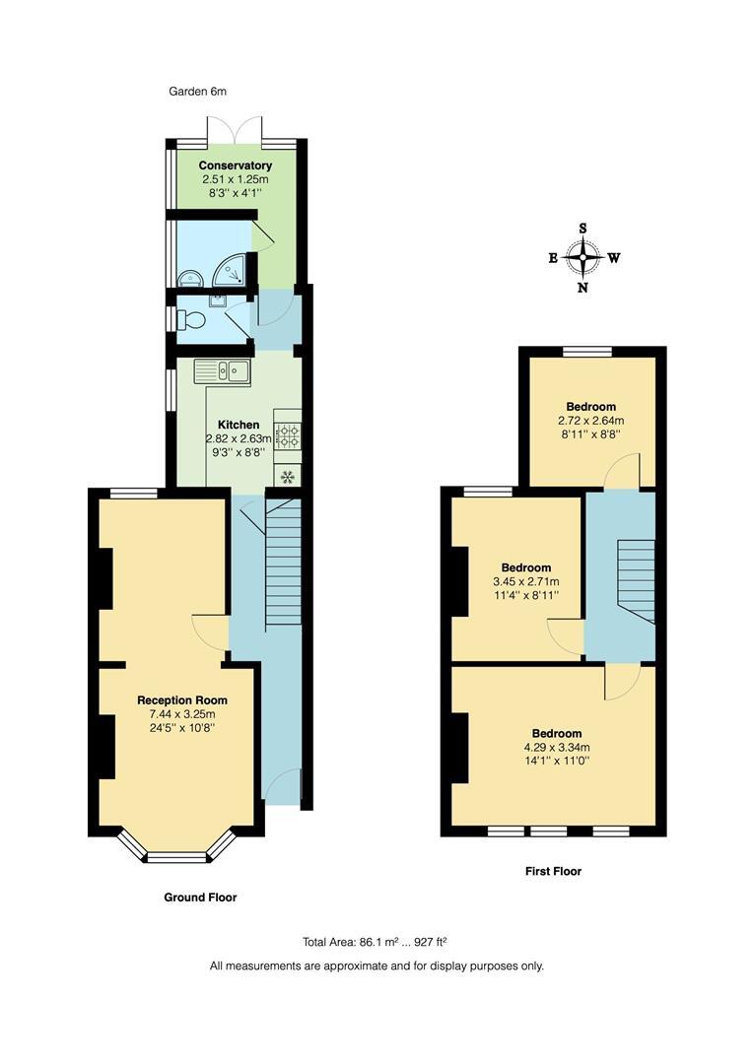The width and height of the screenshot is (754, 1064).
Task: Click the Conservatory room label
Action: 236,166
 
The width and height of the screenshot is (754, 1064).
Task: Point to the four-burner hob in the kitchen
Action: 287,434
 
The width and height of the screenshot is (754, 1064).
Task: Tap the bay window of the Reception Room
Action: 176,848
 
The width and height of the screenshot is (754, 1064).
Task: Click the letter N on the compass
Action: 583,289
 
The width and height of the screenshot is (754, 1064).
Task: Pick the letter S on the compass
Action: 583,229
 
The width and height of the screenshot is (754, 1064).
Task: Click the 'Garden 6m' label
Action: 198,92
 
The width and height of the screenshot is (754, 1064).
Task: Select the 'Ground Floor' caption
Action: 200,898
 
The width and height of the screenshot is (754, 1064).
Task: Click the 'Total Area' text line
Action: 377,942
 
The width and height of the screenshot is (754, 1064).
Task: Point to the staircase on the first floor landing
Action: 635,580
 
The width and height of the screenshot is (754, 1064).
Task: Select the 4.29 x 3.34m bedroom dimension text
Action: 556,748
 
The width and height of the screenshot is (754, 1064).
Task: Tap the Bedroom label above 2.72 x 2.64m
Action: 591,406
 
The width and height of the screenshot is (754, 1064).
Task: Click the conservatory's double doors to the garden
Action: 235,130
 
